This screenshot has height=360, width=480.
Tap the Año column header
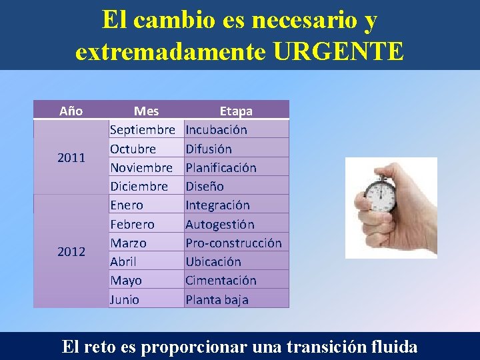pos(71,111)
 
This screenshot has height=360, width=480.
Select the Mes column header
pos(146,111)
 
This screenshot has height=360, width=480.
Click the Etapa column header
pos(236,111)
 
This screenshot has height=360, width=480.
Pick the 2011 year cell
pos(71,158)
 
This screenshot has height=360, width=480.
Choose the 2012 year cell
pos(71,251)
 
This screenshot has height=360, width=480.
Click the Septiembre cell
pos(142,129)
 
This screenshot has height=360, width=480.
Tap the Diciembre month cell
pos(139,186)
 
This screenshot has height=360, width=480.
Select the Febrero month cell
pos(132,224)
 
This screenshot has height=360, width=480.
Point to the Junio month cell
pos(125,299)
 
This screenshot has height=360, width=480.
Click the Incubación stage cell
pos(216,129)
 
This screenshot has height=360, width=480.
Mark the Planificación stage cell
pos(221,167)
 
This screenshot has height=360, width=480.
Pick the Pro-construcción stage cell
pos(233,243)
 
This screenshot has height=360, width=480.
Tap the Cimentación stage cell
pos(221,281)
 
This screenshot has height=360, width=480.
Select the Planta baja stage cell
pos(217,299)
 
